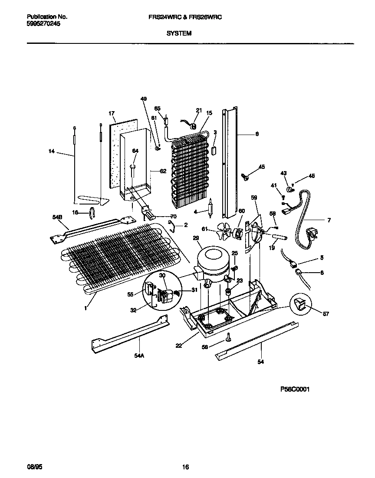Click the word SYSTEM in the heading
179,33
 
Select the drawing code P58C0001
295,389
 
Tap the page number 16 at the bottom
185,467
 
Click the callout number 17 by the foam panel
112,114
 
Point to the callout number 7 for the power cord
329,221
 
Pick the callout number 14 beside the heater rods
52,151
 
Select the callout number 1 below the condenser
86,308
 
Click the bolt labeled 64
133,170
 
